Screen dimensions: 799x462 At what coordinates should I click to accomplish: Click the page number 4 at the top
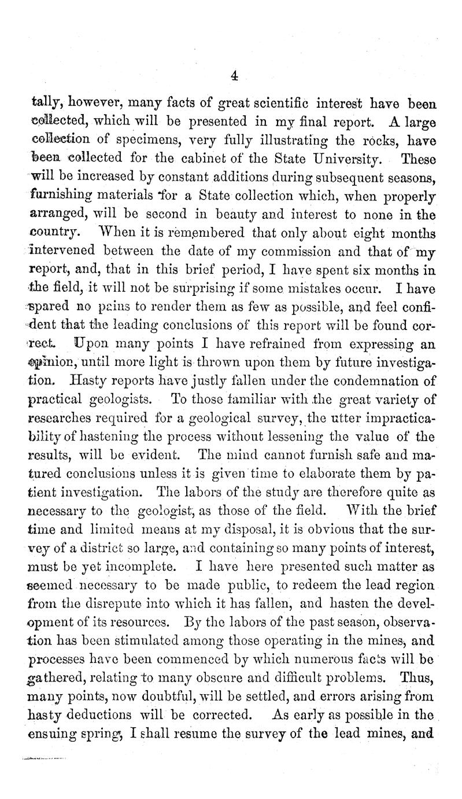[x=234, y=75]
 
